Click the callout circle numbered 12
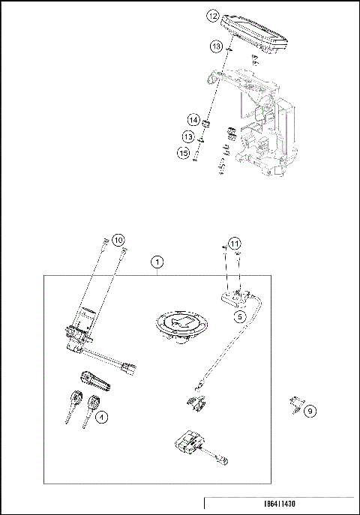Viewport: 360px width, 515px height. point(213,15)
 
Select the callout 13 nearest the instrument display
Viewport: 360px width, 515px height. point(216,47)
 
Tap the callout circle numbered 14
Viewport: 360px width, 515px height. point(193,120)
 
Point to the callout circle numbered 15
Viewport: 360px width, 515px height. point(183,153)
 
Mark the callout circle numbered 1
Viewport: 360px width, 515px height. point(156,262)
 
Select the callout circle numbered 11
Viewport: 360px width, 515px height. point(235,244)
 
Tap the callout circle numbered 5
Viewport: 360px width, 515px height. point(239,317)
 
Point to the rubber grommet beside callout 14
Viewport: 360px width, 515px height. point(210,122)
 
